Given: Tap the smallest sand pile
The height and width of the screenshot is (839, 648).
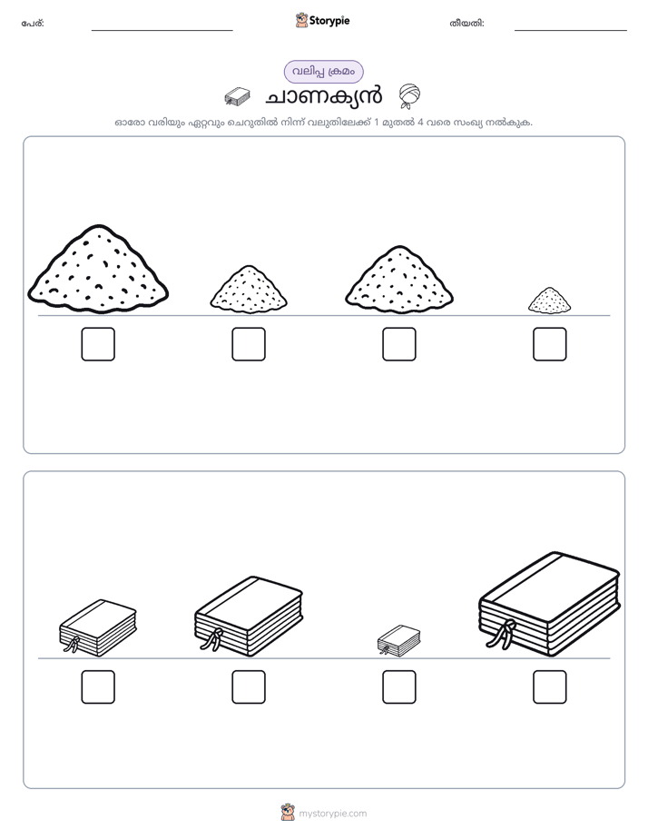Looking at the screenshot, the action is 550,301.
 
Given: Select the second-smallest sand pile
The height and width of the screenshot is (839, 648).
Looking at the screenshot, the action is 249,289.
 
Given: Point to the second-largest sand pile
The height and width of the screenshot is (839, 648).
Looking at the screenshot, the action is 399,280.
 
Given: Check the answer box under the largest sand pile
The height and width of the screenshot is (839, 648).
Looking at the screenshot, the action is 98,344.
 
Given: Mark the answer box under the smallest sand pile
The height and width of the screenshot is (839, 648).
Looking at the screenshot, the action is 550,344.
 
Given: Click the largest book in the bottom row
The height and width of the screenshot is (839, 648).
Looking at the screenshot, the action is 550,604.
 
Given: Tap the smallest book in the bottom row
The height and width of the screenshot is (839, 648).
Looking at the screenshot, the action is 398,640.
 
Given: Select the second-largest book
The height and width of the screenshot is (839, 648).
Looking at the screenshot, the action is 249,617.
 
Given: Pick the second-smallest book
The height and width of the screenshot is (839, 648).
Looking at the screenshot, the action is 98,627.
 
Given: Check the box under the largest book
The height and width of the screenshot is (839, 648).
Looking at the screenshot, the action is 550,687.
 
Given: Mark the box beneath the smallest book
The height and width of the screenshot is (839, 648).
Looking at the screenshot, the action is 398,687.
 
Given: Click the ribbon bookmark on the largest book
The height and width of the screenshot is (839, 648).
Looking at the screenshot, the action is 503,635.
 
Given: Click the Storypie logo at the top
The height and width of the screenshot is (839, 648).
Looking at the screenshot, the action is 322,21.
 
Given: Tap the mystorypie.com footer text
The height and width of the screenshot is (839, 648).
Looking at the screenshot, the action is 332,814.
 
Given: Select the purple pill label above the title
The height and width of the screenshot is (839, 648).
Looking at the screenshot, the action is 323,72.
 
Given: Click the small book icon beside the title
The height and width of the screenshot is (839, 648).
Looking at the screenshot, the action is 237,95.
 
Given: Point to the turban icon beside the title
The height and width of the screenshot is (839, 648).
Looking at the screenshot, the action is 409,95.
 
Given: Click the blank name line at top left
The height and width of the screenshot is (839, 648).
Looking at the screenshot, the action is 162,31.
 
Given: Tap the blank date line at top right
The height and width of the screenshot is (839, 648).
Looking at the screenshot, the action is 571,31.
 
